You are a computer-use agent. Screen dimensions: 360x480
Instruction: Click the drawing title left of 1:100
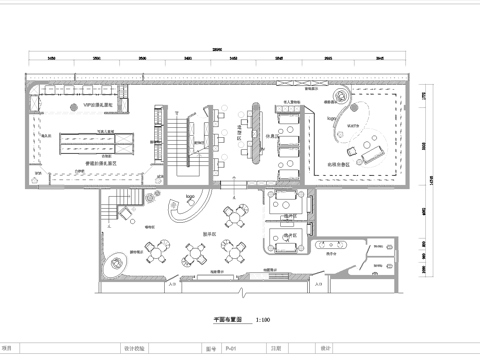click(229, 320)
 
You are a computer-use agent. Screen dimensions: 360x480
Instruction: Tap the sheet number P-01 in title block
click(231, 349)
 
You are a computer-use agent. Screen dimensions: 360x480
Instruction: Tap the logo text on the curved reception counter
click(190, 198)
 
